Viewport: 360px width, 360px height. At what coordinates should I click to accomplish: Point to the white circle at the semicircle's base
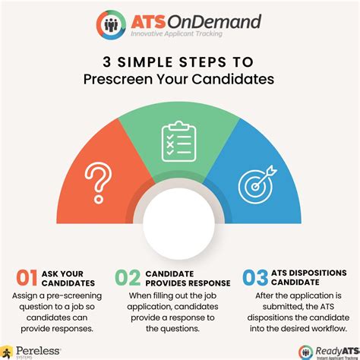tap(180, 227)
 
